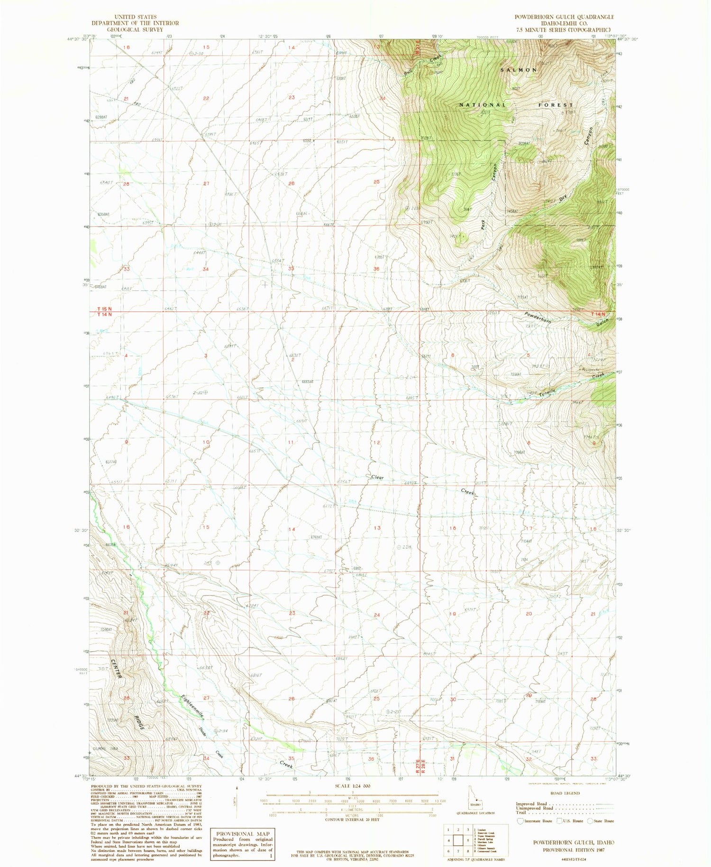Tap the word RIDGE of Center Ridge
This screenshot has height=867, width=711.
[x=138, y=718]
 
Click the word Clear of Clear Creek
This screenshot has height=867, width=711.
[x=377, y=477]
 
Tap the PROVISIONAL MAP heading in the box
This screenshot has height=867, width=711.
[x=242, y=834]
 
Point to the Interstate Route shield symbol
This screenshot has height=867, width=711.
[x=520, y=820]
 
